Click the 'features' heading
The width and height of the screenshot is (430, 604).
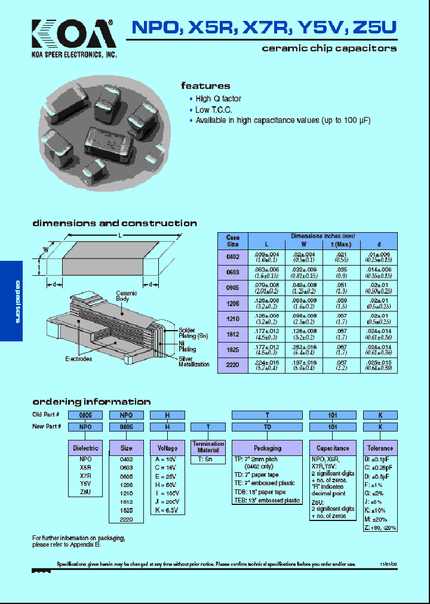click(x=205, y=86)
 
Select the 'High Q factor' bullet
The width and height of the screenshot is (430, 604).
click(x=218, y=98)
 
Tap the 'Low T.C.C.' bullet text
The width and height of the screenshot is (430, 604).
click(x=213, y=110)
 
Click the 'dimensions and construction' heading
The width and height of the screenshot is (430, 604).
click(x=114, y=223)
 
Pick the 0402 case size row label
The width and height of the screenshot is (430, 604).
click(x=232, y=257)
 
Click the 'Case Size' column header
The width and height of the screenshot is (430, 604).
click(x=232, y=241)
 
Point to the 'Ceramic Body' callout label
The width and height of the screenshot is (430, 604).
click(x=126, y=297)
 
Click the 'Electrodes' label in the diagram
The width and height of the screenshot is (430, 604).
click(x=79, y=359)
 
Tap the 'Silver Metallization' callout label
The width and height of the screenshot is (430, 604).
click(x=194, y=361)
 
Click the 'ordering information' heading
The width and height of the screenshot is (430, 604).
click(x=91, y=402)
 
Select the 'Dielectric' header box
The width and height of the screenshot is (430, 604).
click(x=85, y=448)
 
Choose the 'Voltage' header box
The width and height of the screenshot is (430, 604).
click(x=167, y=448)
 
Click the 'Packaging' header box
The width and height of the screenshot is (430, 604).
click(x=267, y=448)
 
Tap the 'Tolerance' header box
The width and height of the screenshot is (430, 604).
click(x=380, y=448)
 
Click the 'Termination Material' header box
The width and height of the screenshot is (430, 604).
click(x=208, y=447)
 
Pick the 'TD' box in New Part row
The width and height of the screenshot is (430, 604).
click(x=267, y=427)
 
